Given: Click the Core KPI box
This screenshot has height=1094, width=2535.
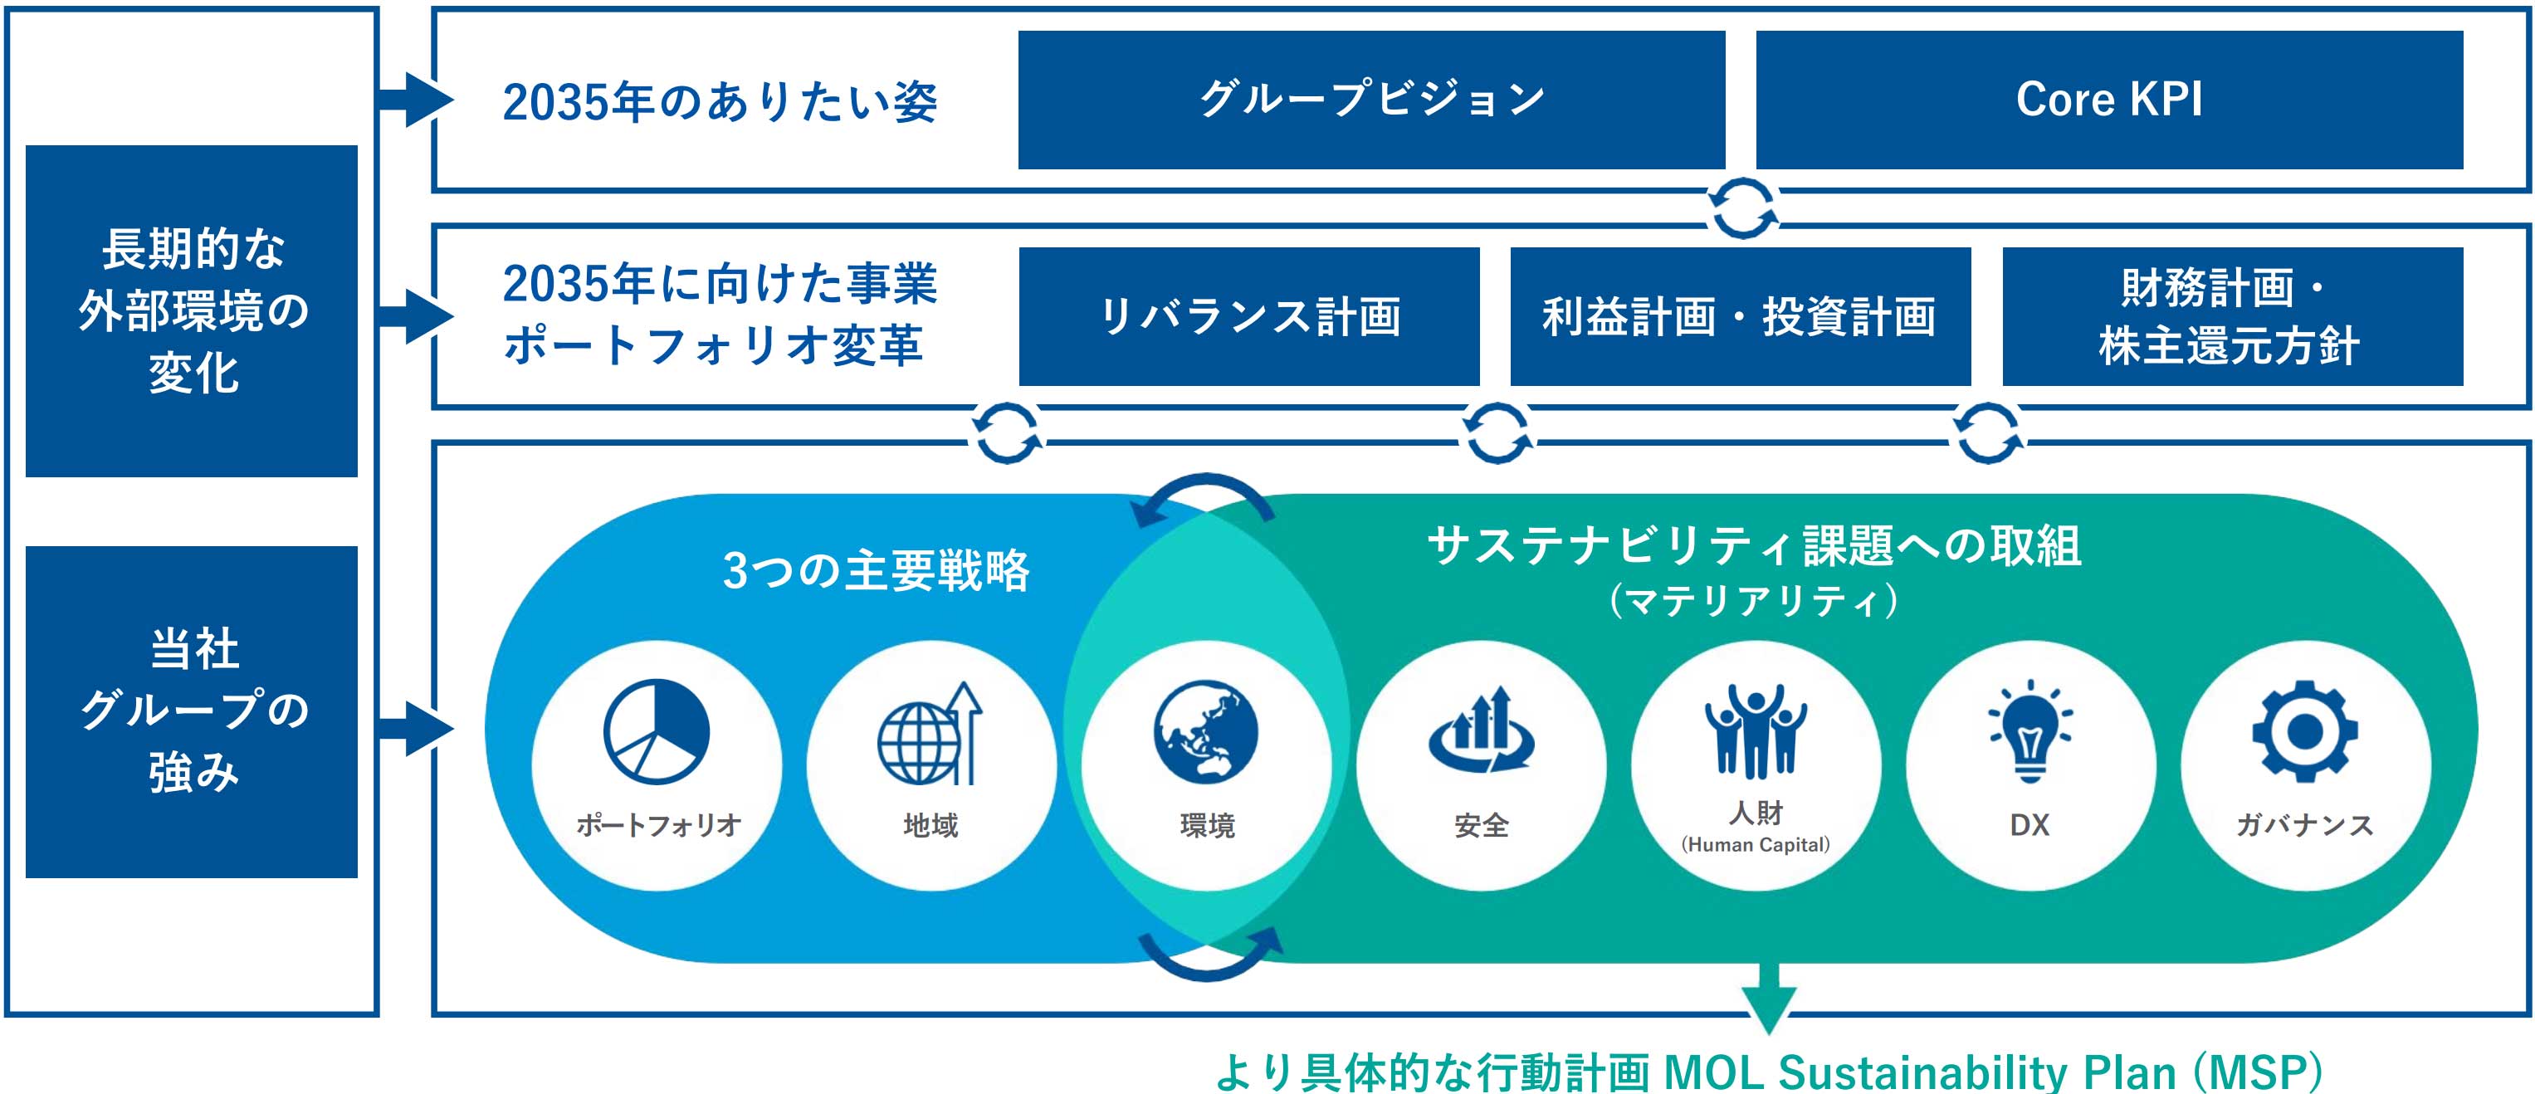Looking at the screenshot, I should (2109, 100).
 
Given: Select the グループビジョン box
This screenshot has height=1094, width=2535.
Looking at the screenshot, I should (1370, 100).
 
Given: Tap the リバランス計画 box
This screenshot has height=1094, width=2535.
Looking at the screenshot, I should (1248, 315).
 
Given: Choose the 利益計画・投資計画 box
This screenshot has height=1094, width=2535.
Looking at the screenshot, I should (1740, 315).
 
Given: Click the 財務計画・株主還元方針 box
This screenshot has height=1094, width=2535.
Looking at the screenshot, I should (2232, 315).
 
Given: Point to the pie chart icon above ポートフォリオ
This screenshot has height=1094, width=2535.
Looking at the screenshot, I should (657, 731).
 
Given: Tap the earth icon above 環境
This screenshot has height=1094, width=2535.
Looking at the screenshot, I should (1205, 731).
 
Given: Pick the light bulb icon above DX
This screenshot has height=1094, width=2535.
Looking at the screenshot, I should (2029, 731).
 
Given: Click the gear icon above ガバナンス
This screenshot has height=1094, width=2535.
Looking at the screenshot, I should (2305, 731).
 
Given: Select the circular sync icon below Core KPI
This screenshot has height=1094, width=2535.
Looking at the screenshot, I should (1743, 208).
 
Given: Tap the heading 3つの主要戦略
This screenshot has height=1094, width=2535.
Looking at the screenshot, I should (876, 570).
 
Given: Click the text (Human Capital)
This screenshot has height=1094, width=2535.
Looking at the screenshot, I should (1756, 844).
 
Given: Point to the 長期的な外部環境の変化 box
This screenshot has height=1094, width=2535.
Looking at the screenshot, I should (192, 311).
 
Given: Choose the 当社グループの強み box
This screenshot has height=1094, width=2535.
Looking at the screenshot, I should (192, 711).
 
